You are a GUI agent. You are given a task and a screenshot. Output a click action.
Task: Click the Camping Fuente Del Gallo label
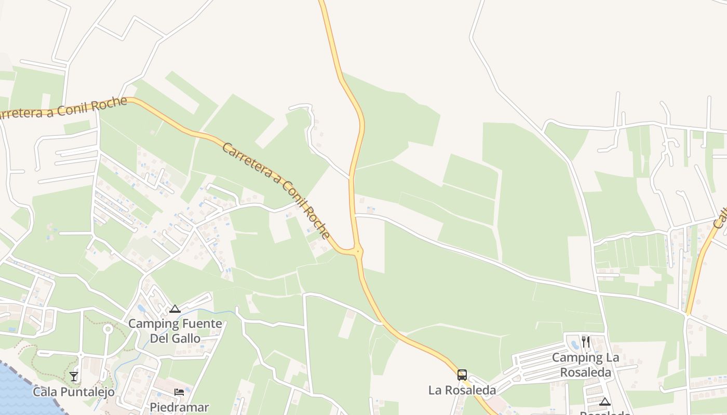coord(175,331)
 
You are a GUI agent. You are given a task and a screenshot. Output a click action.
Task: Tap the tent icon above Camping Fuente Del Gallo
coord(175,309)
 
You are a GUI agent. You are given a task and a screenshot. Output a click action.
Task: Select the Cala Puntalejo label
coord(74,392)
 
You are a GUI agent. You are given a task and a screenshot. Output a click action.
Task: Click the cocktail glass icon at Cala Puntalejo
coord(74,376)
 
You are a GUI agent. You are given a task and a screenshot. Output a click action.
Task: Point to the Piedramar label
coord(179,407)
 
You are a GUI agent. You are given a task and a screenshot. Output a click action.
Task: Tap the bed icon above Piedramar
coord(179,392)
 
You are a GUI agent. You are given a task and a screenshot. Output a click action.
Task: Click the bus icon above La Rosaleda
coord(462,375)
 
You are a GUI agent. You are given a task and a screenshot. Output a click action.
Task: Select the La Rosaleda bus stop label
coord(462,390)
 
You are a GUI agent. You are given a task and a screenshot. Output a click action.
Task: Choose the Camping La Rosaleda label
coord(585,365)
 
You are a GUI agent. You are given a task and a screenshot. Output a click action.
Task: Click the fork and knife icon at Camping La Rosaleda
coord(586,341)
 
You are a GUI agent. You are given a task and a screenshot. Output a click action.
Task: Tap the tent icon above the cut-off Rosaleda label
coord(604,402)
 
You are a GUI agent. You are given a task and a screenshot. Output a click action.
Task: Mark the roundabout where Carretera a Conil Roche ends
coord(357,252)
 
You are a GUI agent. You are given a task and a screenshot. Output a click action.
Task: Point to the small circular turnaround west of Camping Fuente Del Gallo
coord(108,328)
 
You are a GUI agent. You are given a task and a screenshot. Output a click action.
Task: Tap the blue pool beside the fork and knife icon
coord(575,344)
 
